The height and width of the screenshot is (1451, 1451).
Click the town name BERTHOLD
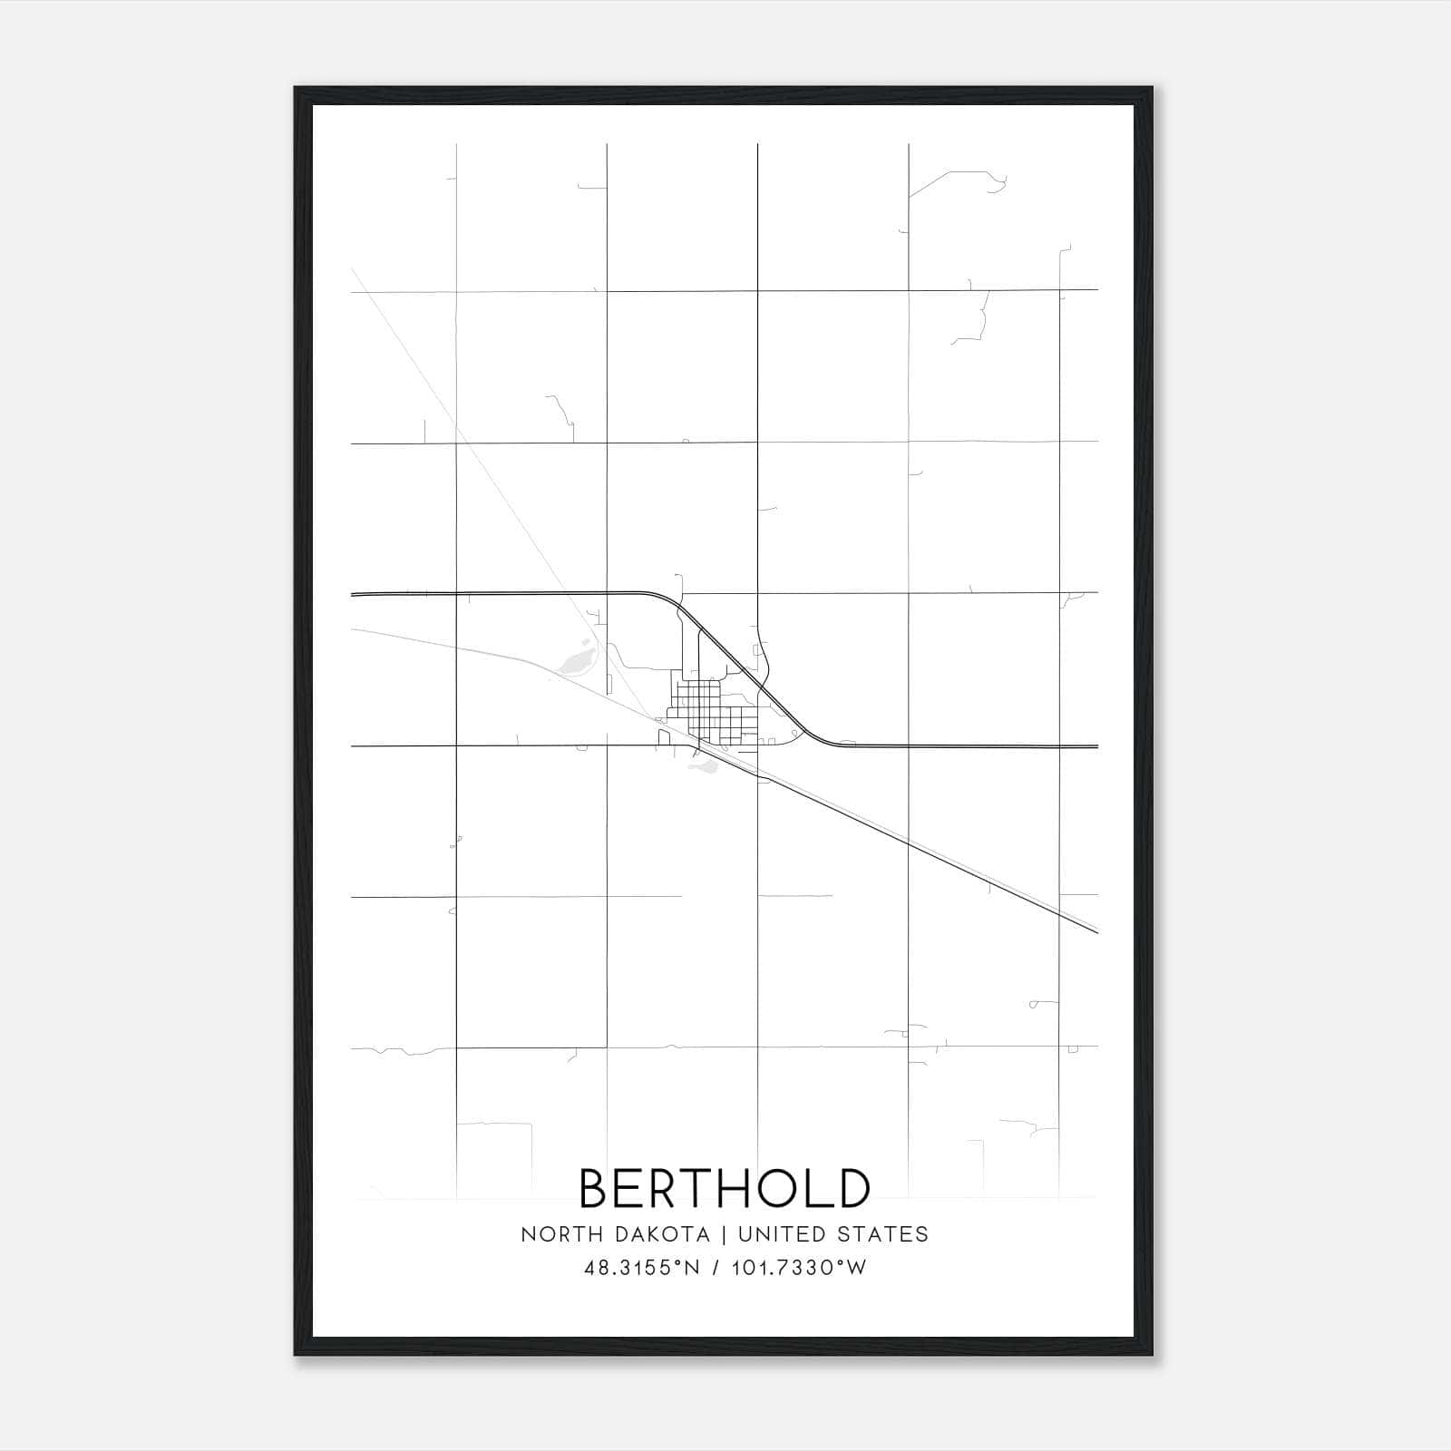tap(725, 1189)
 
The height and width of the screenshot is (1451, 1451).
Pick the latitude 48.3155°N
tap(642, 1268)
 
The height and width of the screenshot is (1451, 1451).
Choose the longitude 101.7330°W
tap(799, 1268)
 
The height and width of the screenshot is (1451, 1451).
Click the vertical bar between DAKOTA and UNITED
tap(724, 1234)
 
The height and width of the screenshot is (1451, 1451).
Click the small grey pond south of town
tap(704, 767)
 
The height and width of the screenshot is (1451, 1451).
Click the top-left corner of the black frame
tap(297, 89)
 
